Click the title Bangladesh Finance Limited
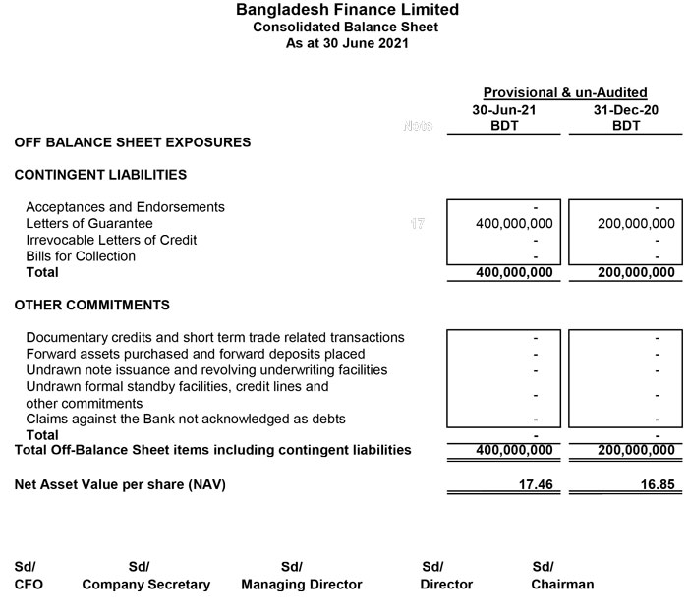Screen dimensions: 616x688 click(x=346, y=10)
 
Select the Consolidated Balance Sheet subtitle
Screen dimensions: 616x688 click(x=346, y=28)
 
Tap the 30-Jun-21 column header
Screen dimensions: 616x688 click(x=504, y=110)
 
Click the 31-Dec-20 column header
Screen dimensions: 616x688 click(x=625, y=110)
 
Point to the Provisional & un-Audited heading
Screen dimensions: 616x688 click(x=564, y=92)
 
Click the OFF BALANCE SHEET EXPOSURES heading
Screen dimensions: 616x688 click(x=132, y=142)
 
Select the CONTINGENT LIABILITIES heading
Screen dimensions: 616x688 click(x=100, y=175)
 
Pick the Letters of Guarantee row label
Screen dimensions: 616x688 click(x=88, y=224)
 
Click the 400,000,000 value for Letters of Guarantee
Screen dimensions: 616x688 click(x=514, y=224)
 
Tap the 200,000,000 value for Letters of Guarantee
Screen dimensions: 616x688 click(x=636, y=224)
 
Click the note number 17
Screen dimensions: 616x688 click(x=418, y=224)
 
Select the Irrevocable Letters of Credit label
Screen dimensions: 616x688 click(x=111, y=240)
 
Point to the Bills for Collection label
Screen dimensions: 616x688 click(x=81, y=256)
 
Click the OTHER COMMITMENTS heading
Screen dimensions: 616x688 click(x=91, y=305)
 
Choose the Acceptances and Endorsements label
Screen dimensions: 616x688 click(x=125, y=207)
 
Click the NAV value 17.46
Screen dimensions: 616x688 click(x=536, y=484)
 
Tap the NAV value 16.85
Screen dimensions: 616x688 click(x=657, y=484)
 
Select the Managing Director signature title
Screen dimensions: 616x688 click(x=301, y=585)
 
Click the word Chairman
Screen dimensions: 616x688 click(x=562, y=585)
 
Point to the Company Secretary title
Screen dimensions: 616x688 click(x=145, y=585)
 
